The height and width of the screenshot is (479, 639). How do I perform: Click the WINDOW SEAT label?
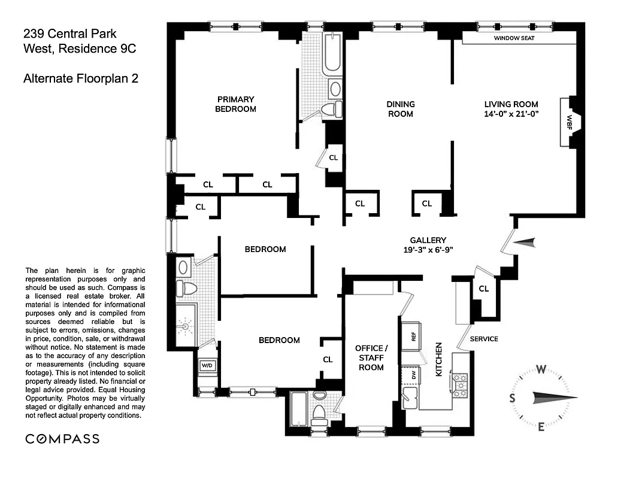pos(514,38)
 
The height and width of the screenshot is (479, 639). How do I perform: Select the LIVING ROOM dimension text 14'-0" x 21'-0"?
pos(511,113)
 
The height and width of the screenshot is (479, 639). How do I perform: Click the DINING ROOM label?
pos(401,109)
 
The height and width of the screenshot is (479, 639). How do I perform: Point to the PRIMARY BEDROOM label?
pos(235,104)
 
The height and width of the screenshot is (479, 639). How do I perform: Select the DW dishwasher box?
pos(413,375)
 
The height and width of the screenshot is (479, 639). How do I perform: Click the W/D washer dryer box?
pos(207,365)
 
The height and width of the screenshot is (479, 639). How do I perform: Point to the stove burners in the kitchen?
pos(459,385)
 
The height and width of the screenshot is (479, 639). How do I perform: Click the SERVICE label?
pos(484,339)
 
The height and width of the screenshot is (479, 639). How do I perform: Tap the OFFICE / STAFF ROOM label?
pos(371,357)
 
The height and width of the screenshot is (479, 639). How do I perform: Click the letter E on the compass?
pos(540,426)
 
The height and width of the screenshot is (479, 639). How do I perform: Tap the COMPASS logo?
pos(62,439)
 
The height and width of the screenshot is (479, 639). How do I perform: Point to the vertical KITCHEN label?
pos(438,359)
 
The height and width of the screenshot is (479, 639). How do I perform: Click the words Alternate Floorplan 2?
pos(81,78)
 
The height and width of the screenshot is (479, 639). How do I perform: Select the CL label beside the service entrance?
pos(483,289)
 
